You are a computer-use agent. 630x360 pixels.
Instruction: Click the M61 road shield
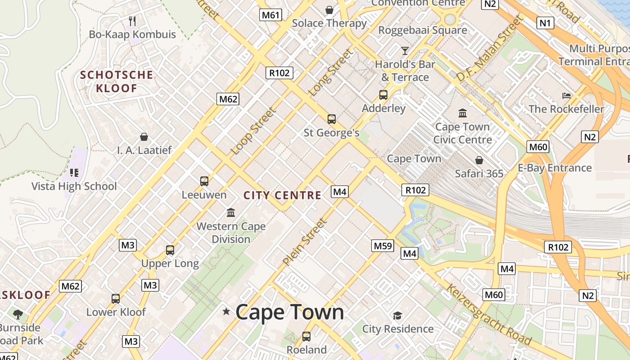271,15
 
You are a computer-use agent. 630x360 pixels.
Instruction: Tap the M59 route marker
383,246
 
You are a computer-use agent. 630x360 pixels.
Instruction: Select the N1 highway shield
545,22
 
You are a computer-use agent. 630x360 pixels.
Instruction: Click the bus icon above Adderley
383,95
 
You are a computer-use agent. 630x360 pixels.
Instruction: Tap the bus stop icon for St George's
332,119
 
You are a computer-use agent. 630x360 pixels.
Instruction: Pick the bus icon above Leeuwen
204,181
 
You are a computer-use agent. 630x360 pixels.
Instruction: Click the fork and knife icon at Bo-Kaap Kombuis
132,21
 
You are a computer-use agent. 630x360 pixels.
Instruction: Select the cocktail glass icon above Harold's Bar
405,50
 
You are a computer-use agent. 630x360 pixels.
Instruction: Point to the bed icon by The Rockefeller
567,95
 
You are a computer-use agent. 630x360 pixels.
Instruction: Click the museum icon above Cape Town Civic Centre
463,113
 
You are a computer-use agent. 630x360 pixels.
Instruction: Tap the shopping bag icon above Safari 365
479,160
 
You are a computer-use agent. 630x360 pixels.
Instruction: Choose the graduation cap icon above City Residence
397,315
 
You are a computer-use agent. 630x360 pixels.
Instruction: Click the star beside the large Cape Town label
226,311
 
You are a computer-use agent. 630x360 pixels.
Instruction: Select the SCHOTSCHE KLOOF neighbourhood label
117,81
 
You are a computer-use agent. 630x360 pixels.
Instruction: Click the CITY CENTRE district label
283,195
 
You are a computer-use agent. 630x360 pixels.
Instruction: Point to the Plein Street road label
305,242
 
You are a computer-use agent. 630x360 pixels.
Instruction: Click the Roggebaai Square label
423,30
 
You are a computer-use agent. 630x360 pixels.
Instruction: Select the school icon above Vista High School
74,172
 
